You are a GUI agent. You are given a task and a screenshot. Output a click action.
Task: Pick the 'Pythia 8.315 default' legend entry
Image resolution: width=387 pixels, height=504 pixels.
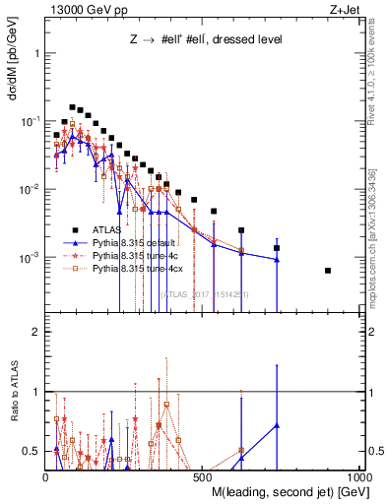point(132,241)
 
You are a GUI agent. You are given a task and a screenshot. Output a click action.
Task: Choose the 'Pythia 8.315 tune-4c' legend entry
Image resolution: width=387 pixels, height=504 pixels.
point(133,254)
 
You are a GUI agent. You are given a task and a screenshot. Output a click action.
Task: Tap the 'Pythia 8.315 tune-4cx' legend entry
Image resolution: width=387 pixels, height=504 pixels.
point(135,267)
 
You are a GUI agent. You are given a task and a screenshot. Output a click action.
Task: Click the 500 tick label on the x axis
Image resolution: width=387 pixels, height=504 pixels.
point(203,476)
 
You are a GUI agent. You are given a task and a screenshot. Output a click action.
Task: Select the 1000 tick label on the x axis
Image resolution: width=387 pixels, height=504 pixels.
point(358,476)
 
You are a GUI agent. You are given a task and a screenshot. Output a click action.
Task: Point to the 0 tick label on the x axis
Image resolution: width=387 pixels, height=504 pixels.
point(46,476)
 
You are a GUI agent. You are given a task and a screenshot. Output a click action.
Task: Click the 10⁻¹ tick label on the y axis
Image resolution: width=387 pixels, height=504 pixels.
point(30,120)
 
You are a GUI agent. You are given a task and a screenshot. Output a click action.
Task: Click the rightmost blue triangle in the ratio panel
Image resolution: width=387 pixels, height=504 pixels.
point(277,425)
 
